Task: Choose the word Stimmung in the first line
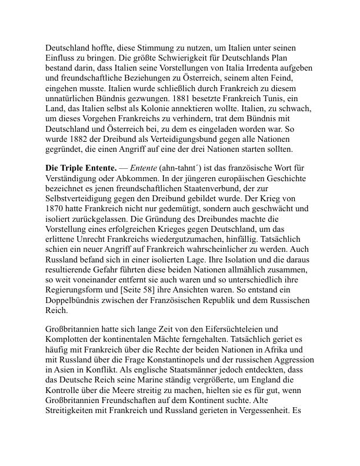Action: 135,47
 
